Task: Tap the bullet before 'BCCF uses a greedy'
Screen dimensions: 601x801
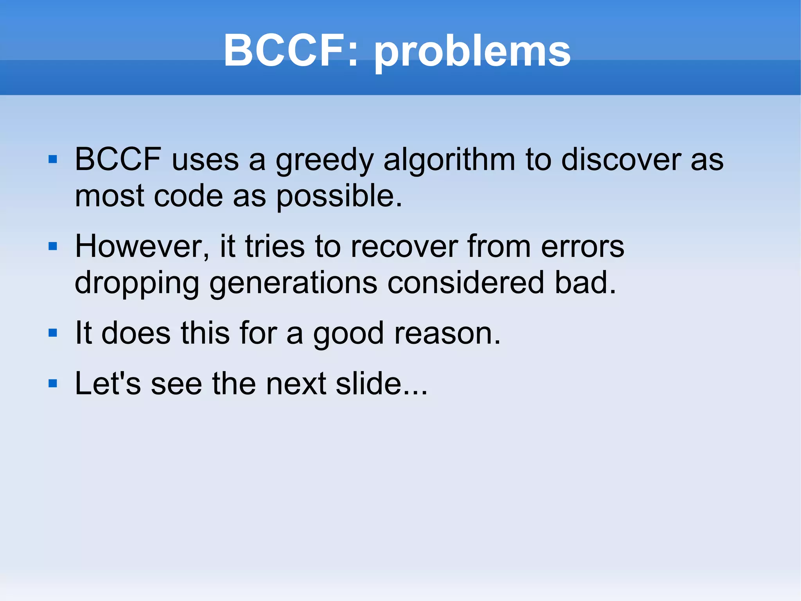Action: coord(53,159)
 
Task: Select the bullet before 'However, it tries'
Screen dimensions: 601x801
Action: coord(53,246)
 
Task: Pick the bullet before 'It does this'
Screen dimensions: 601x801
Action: coord(53,333)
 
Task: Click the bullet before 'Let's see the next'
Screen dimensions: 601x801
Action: coord(53,383)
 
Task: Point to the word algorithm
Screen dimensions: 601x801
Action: coord(449,161)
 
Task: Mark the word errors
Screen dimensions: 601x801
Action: coord(582,247)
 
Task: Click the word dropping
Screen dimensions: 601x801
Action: coord(137,283)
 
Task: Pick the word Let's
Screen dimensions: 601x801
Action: coord(108,383)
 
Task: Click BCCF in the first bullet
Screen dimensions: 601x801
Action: coord(118,159)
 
